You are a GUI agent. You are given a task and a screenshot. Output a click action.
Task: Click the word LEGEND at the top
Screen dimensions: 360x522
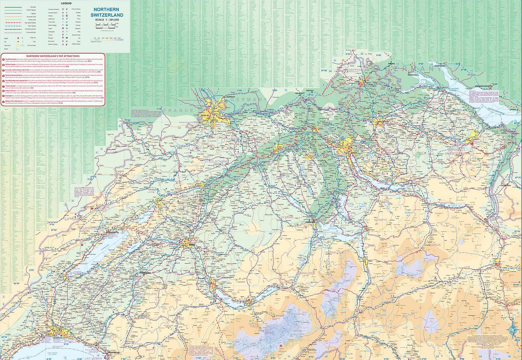pos(66,3)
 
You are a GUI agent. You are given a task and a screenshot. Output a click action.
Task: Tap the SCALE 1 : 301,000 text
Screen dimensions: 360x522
pos(107,20)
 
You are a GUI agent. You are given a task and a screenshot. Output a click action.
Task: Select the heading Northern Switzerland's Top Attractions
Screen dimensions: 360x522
pos(53,56)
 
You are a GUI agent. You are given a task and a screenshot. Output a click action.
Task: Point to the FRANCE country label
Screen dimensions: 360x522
pos(178,110)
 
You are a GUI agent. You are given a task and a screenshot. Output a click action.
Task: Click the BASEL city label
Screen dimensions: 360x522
pos(204,115)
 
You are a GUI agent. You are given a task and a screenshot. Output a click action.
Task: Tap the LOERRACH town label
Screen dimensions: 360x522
pos(230,97)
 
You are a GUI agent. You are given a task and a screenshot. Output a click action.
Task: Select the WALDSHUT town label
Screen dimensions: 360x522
pos(300,93)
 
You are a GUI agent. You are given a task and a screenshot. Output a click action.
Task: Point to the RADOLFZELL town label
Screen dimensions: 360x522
pos(413,74)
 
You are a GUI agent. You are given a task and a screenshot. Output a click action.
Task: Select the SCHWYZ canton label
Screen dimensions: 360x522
pos(381,219)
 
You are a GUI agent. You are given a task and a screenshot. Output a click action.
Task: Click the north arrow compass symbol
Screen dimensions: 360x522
pos(512,329)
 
